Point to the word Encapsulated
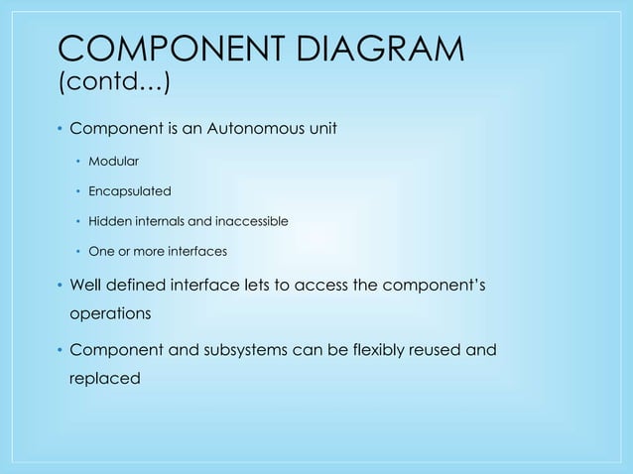click(x=130, y=190)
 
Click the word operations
click(x=108, y=314)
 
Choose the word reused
click(x=425, y=351)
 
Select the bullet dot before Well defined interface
click(x=59, y=288)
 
